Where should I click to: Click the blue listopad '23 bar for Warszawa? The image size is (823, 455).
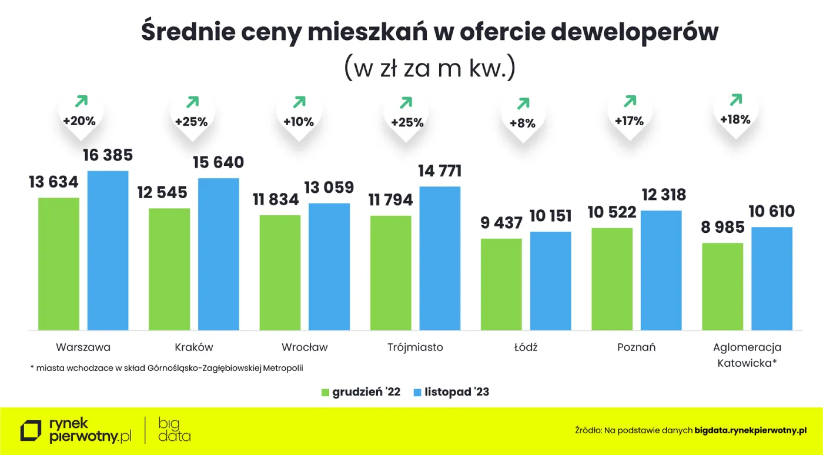[x=108, y=250]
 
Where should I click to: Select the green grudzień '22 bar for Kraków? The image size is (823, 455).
[x=169, y=269]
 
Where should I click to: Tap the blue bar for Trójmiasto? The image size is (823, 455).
[x=440, y=258]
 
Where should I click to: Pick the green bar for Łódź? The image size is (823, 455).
[x=501, y=284]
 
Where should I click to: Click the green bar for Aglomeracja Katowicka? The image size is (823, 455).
[x=722, y=286]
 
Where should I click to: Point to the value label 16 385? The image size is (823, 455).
[x=108, y=156]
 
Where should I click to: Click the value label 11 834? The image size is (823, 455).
[x=276, y=200]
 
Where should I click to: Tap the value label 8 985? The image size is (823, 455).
[x=722, y=227]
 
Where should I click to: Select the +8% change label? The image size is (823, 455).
[x=522, y=123]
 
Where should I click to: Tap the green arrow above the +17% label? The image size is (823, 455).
[x=630, y=101]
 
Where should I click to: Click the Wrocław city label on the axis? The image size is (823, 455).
[x=305, y=347]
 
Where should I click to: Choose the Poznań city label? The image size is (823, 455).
[x=636, y=347]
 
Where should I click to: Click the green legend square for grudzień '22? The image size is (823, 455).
[x=326, y=392]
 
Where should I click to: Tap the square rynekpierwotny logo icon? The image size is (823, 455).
[x=31, y=430]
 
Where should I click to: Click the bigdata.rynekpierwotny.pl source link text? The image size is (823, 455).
[x=750, y=430]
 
